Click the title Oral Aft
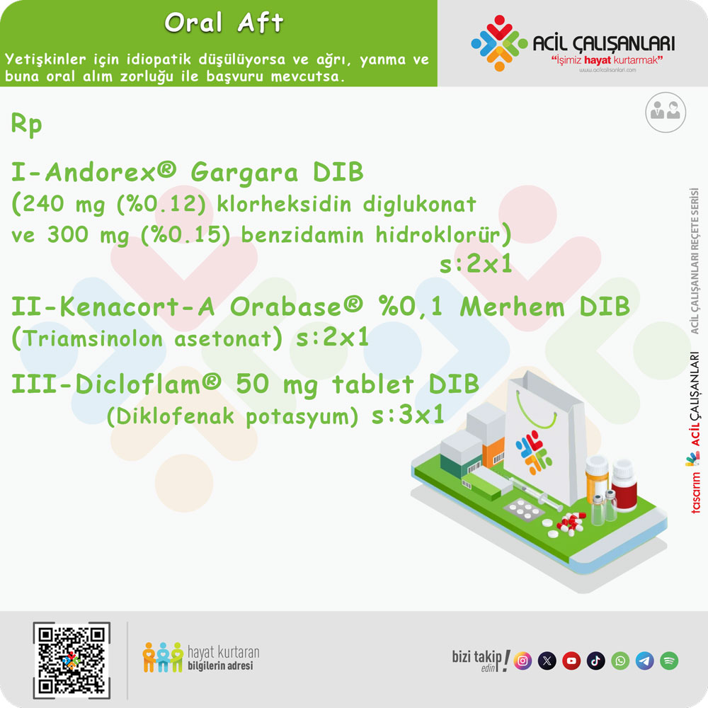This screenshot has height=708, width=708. [224, 23]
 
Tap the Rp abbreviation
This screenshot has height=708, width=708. [27, 125]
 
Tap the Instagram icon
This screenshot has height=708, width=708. [523, 661]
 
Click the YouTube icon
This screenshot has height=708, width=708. [571, 661]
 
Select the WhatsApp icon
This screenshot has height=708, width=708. [620, 661]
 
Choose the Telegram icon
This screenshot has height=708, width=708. [644, 661]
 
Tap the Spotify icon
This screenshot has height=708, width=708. [669, 661]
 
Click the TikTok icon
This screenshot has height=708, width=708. [595, 661]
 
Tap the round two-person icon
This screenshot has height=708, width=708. [666, 111]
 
